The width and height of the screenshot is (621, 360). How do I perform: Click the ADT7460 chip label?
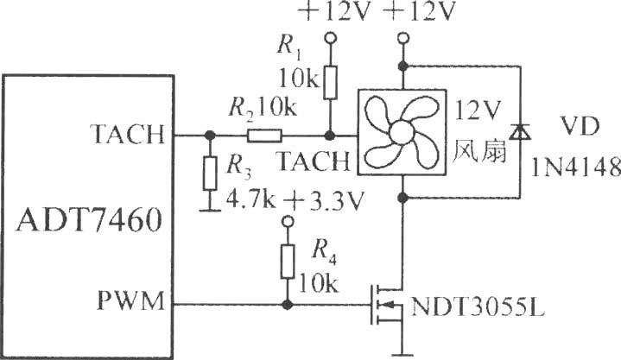(x=89, y=220)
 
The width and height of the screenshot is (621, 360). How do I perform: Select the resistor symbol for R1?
(x=330, y=82)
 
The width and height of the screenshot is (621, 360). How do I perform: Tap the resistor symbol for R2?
(x=264, y=136)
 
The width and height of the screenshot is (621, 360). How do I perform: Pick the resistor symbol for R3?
(x=210, y=174)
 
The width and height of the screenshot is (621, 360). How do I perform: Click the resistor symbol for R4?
(x=288, y=262)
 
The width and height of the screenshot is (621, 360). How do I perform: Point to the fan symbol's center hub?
(x=402, y=133)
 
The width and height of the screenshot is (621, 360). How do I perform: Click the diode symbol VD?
(x=520, y=132)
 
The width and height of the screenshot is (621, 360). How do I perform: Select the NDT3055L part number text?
(x=478, y=306)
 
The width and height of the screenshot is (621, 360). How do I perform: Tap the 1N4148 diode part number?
(x=575, y=167)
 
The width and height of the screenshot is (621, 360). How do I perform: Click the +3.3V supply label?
(x=323, y=202)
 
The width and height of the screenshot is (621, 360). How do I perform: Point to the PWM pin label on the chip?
(x=130, y=301)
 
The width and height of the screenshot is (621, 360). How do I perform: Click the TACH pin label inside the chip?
(x=127, y=135)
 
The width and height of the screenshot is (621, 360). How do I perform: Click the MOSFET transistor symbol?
(x=386, y=304)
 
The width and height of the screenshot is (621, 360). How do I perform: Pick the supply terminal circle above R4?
(x=288, y=221)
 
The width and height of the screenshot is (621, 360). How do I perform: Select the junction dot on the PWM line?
(x=288, y=305)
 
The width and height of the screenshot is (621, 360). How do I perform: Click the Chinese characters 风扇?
(x=479, y=151)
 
